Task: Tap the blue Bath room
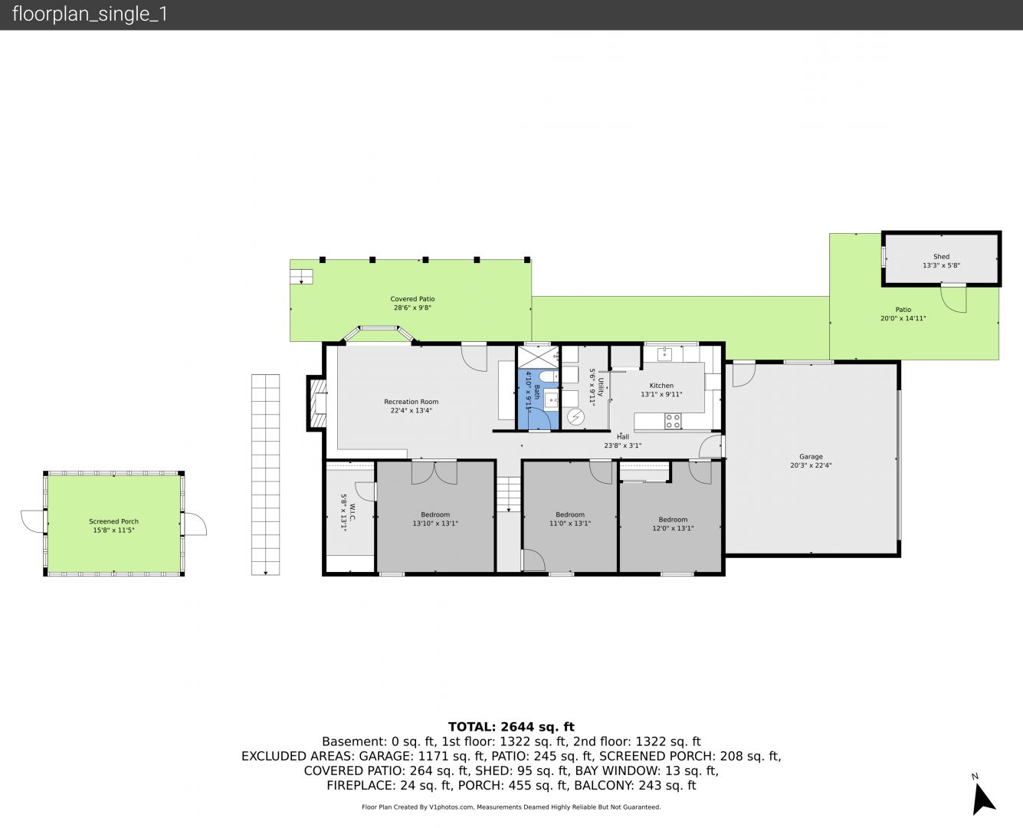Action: [538, 399]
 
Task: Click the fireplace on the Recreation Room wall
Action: [317, 402]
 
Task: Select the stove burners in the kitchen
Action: [673, 422]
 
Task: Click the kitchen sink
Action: [664, 354]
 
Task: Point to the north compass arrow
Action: [982, 799]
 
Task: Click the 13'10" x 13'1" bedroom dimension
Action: [435, 524]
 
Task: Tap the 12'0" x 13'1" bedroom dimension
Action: [673, 528]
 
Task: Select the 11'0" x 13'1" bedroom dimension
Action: [570, 524]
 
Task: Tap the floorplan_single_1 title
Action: [90, 15]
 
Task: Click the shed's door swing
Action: [953, 299]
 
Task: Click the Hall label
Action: [623, 437]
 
